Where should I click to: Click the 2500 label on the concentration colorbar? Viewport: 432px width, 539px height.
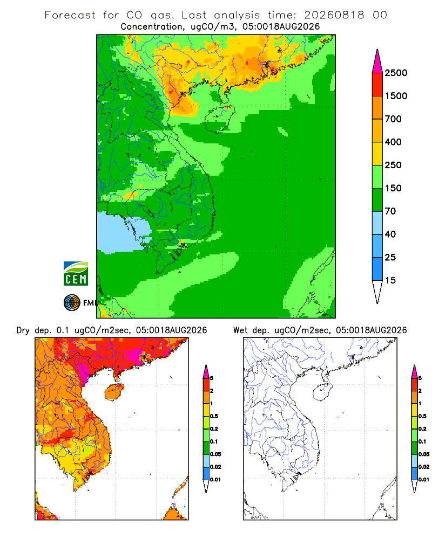click(x=396, y=73)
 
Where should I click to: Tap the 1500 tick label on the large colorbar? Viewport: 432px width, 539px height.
click(x=396, y=96)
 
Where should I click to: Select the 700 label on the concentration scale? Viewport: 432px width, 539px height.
click(x=393, y=119)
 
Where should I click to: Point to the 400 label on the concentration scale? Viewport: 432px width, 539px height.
click(x=393, y=142)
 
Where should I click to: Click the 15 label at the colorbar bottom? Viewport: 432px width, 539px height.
click(x=390, y=280)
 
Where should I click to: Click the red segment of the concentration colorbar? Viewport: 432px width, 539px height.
click(x=377, y=85)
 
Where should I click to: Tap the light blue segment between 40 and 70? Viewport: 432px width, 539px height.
click(x=377, y=223)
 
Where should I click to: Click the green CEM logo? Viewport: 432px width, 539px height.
click(x=76, y=274)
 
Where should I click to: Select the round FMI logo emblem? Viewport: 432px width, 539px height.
click(x=72, y=303)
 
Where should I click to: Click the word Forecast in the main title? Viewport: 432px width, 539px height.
click(x=70, y=15)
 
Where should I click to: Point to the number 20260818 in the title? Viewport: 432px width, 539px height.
click(x=334, y=15)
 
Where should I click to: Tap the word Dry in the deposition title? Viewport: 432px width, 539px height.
click(x=23, y=330)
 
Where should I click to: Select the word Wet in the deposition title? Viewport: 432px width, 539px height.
click(x=240, y=330)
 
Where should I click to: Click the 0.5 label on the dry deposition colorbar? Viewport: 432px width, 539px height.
click(x=214, y=416)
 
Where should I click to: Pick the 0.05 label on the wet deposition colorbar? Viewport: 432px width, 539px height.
click(x=424, y=454)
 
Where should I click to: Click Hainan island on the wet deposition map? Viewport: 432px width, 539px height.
click(x=322, y=391)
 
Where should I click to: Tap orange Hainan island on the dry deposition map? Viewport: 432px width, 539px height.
click(x=114, y=391)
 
